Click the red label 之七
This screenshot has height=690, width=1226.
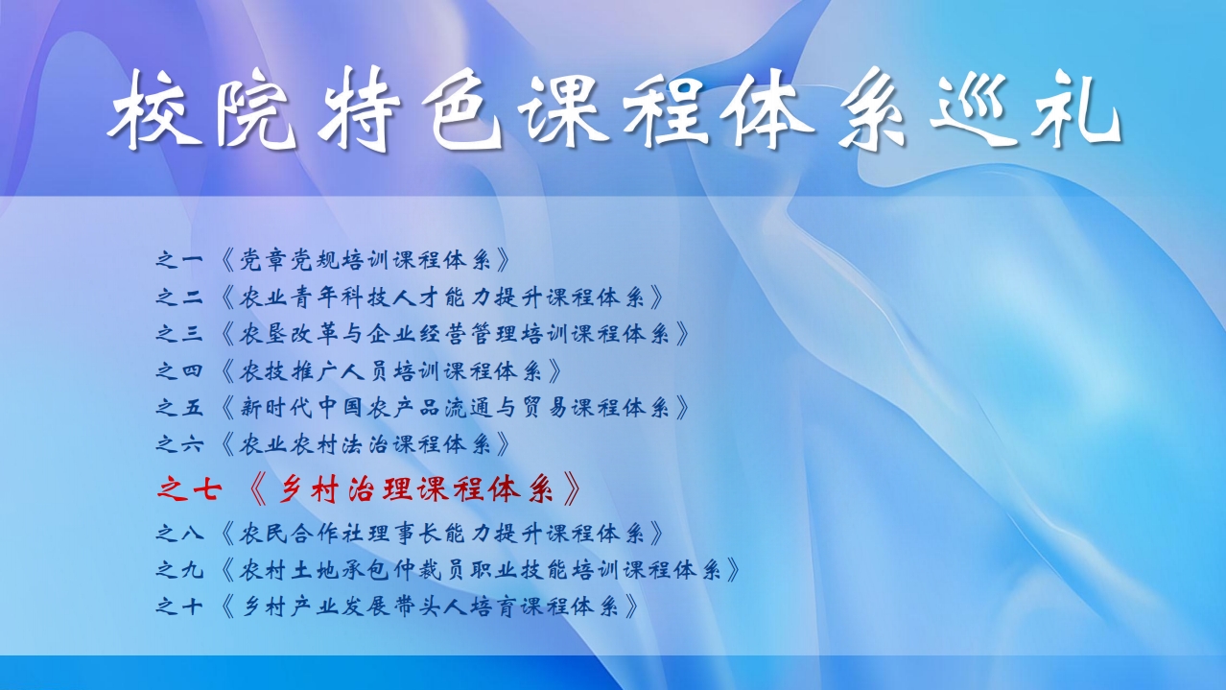pos(189,488)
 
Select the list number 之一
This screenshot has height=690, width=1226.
pos(179,259)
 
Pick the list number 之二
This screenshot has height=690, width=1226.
pos(179,297)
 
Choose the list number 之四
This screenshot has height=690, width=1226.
pos(179,371)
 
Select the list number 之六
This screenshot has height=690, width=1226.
pos(179,444)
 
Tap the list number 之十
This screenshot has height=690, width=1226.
pos(179,607)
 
